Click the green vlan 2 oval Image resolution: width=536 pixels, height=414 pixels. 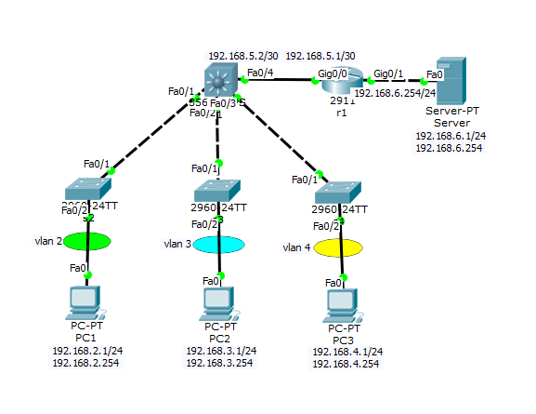(x=86, y=241)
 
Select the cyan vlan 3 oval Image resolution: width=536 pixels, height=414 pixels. (x=219, y=244)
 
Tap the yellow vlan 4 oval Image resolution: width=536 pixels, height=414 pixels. (x=340, y=247)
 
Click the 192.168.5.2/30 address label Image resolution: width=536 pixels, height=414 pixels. (x=242, y=56)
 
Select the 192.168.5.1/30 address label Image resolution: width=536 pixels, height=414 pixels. (x=320, y=56)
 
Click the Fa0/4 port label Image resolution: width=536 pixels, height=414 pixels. (x=260, y=72)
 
